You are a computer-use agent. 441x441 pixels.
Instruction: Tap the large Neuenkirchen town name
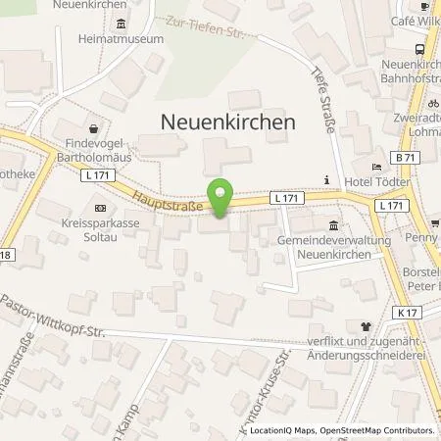[226, 122]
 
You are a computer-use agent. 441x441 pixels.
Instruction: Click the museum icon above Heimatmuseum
[121, 24]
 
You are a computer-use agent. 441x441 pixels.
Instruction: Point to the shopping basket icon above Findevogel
[93, 128]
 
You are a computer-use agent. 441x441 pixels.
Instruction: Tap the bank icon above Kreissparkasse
[100, 208]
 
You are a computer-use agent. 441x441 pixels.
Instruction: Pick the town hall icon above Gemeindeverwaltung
[335, 224]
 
